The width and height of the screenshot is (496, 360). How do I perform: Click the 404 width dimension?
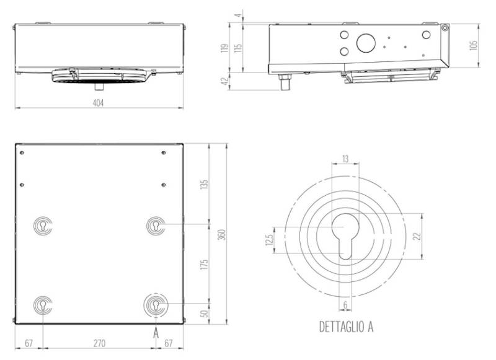click(98, 103)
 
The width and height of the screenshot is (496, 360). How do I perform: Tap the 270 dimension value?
click(98, 342)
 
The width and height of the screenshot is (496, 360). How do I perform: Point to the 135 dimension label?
click(205, 184)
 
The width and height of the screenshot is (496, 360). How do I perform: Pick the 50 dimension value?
click(205, 313)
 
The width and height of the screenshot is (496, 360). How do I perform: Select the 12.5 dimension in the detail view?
click(268, 240)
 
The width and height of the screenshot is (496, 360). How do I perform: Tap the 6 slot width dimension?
click(345, 305)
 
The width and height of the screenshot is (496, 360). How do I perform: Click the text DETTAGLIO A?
click(346, 326)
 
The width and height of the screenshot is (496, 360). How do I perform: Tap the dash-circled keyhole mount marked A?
click(155, 305)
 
